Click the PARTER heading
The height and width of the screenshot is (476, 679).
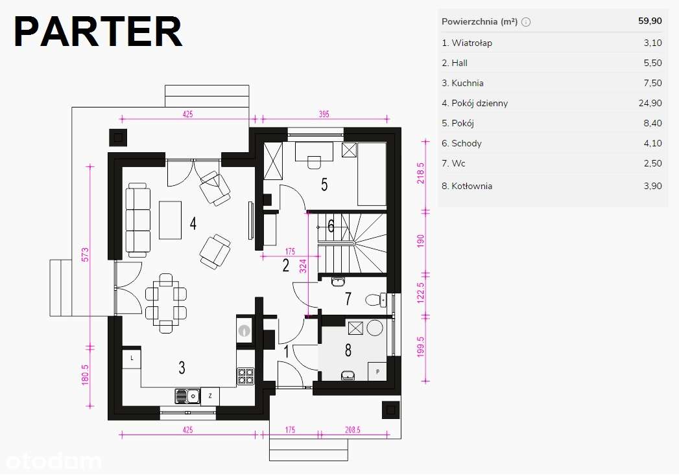pyautogui.click(x=98, y=32)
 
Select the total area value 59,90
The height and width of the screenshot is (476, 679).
pyautogui.click(x=650, y=21)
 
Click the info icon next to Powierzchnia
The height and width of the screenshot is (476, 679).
pyautogui.click(x=526, y=22)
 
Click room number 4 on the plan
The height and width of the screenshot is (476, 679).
pyautogui.click(x=193, y=223)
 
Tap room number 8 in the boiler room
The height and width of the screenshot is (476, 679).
pyautogui.click(x=348, y=350)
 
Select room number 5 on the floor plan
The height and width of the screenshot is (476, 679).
pyautogui.click(x=324, y=185)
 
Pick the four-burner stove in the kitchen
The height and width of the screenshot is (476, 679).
pyautogui.click(x=246, y=376)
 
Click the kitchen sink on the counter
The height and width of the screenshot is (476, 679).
pyautogui.click(x=187, y=396)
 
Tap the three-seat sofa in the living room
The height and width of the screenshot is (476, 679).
pyautogui.click(x=138, y=220)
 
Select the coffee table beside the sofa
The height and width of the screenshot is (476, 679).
pyautogui.click(x=170, y=220)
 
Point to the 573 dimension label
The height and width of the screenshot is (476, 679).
pyautogui.click(x=86, y=255)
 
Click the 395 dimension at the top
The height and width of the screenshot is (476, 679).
pyautogui.click(x=324, y=114)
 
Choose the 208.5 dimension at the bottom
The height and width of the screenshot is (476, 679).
pyautogui.click(x=353, y=430)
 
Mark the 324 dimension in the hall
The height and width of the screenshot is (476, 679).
pyautogui.click(x=303, y=266)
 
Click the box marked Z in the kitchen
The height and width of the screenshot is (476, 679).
pyautogui.click(x=210, y=396)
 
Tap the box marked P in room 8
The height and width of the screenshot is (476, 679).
pyautogui.click(x=377, y=371)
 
